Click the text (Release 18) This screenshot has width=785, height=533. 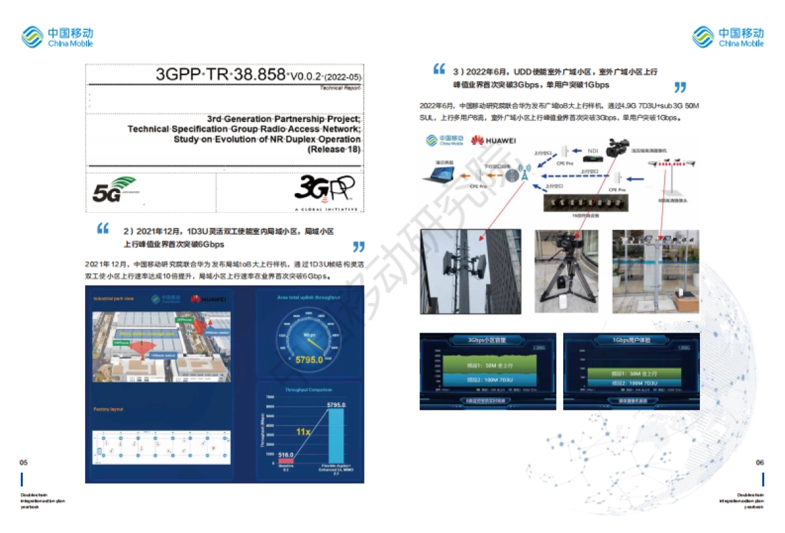[x=334, y=149]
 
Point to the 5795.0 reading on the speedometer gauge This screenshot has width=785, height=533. [x=309, y=359]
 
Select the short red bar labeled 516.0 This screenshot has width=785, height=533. [x=286, y=461]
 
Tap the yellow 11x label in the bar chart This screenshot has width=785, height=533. [x=303, y=432]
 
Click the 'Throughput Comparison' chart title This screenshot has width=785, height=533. [x=309, y=389]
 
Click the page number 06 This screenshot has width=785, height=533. [x=759, y=462]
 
